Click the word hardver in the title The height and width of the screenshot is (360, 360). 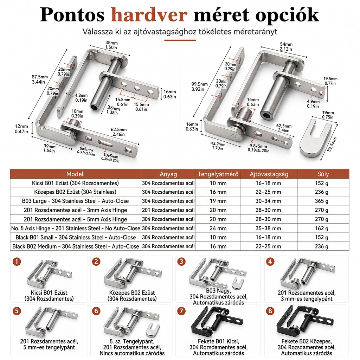[149, 15]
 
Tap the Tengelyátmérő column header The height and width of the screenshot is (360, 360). [218, 174]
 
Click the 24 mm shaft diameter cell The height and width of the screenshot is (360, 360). [218, 229]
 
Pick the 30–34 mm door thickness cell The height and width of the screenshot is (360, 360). [268, 201]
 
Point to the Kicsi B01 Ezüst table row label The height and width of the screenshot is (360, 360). [75, 183]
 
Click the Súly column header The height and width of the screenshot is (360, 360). [323, 174]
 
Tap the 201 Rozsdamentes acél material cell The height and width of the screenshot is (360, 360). [168, 210]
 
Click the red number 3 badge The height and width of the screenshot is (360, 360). [181, 262]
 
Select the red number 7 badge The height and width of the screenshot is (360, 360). [181, 311]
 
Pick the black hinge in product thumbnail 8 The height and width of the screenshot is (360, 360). [305, 321]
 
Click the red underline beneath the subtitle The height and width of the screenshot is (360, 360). [180, 40]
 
